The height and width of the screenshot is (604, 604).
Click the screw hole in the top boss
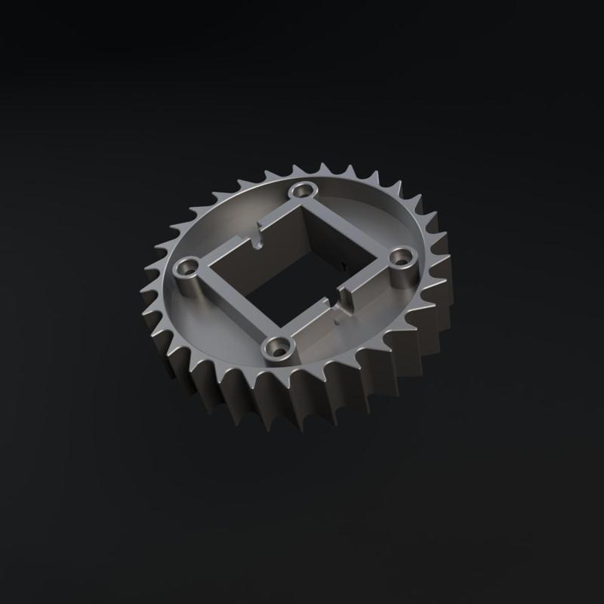tap(306, 188)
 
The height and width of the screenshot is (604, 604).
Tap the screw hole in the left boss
tap(188, 267)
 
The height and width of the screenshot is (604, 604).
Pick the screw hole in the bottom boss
tap(282, 347)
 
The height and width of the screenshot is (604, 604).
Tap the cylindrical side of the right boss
tap(405, 279)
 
